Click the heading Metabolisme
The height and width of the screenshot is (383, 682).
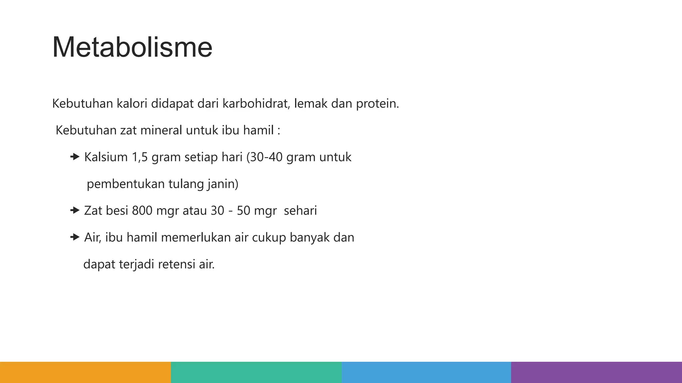click(x=132, y=47)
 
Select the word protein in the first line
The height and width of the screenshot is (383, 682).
click(x=377, y=104)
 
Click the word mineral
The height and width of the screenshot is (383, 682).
click(x=161, y=130)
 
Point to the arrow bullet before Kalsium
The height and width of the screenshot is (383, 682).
click(x=75, y=157)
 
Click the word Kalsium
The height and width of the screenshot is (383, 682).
click(x=106, y=157)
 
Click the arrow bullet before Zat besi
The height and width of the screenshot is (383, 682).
click(x=75, y=210)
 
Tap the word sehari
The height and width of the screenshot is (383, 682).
click(x=300, y=210)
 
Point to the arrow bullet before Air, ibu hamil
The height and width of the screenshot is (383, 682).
click(x=75, y=237)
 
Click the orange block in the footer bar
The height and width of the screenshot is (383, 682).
click(x=85, y=372)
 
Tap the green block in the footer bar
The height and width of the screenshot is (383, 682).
click(x=256, y=372)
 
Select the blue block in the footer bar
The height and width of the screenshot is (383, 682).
click(x=426, y=372)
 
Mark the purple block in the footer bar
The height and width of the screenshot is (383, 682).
click(x=596, y=372)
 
